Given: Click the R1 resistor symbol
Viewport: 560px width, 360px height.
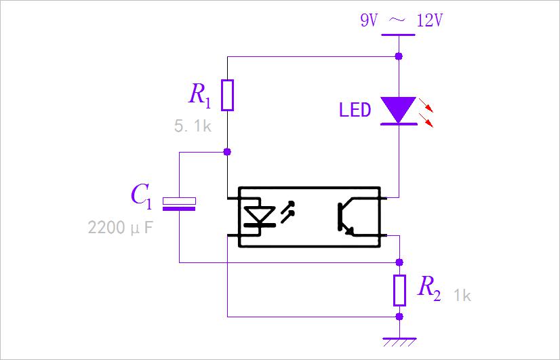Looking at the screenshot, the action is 228,95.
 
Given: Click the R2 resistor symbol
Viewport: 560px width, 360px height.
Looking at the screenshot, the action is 399,290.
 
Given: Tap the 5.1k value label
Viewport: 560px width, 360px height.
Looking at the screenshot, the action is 193,126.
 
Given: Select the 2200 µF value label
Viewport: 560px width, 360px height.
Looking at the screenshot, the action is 120,228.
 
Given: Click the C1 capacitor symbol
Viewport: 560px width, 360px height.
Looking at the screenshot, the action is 179,203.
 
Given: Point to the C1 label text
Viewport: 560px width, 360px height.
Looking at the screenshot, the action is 142,197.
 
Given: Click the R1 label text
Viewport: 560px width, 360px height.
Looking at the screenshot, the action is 199,95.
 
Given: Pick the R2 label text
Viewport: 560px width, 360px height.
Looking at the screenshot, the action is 429,288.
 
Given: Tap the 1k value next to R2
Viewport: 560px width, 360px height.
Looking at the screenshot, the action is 462,296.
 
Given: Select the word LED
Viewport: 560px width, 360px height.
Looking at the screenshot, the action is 355,110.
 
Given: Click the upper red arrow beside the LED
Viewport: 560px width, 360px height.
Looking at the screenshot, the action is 426,105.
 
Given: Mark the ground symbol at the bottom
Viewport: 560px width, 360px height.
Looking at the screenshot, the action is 399,342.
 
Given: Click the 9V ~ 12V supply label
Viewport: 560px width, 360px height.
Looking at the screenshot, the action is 401,21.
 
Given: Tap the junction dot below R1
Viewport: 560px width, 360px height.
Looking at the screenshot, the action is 227,152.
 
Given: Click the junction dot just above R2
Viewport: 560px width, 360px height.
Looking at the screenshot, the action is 399,262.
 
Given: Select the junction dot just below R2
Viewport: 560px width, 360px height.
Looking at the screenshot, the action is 399,317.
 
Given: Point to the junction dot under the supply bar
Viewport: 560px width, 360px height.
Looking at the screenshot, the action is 399,56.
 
